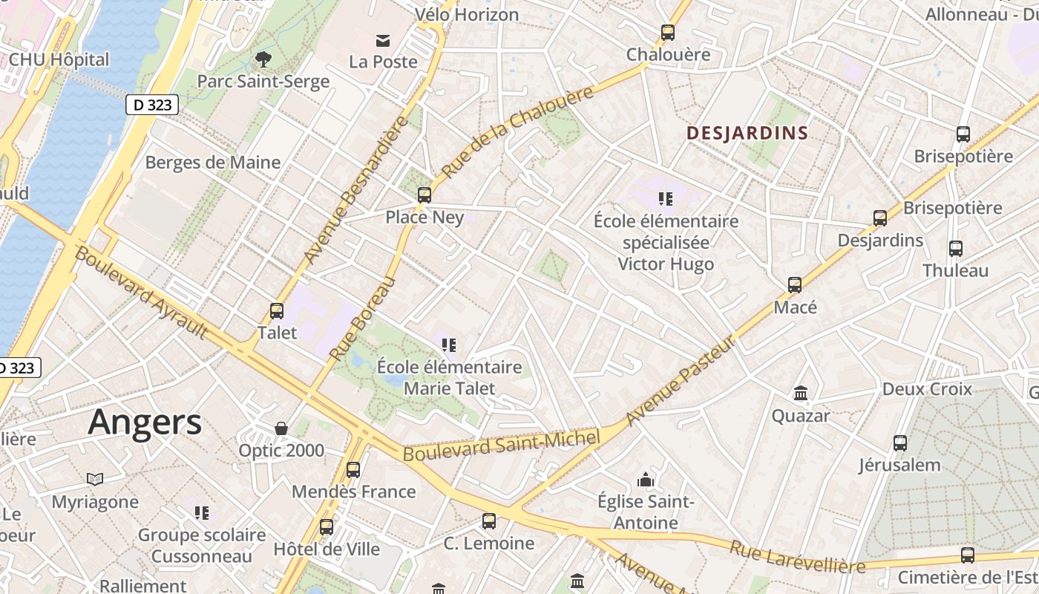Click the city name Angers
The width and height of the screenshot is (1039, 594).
click(145, 422)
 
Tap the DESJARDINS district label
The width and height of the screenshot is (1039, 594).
click(747, 134)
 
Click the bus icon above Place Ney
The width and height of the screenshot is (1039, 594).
click(425, 195)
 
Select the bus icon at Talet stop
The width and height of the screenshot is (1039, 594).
click(277, 311)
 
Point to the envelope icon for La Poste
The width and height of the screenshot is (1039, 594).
click(383, 40)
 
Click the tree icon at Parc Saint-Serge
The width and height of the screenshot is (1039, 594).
click(263, 59)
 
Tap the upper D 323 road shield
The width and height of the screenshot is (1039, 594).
click(153, 105)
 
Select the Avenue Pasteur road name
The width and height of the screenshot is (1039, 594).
click(681, 380)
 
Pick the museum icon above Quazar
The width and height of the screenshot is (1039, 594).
click(801, 393)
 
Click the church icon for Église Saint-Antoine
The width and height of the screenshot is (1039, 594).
click(646, 480)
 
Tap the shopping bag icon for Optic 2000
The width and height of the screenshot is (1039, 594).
click(281, 428)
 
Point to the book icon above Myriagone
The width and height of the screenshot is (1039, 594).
click(95, 479)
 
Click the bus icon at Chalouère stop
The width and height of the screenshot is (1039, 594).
click(668, 33)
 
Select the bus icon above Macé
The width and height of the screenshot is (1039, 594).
click(795, 284)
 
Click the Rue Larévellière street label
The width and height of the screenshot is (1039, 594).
click(797, 557)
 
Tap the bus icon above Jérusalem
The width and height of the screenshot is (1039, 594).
click(900, 443)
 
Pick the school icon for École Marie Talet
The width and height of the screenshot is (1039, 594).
click(449, 345)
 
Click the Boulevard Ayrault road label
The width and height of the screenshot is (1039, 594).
click(141, 293)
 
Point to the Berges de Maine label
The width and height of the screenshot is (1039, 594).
click(213, 163)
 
